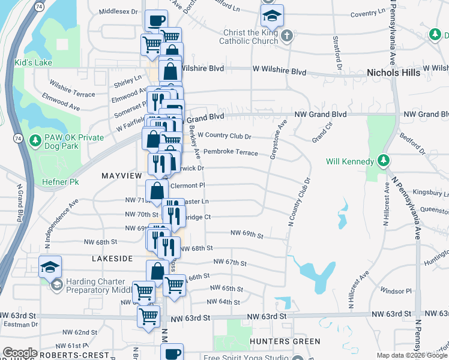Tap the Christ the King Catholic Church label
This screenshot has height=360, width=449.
click(249, 37)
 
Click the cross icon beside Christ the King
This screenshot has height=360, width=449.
click(287, 36)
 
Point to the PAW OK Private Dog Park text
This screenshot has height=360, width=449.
click(74, 142)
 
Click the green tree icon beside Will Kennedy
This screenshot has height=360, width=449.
click(382, 161)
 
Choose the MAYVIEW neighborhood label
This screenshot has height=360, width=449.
click(121, 175)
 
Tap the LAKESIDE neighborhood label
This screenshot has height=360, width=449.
click(112, 258)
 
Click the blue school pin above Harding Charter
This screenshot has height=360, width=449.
click(50, 266)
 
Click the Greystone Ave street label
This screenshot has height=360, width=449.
click(278, 139)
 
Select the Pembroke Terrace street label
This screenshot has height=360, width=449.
click(231, 152)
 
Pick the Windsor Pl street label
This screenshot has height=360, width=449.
click(400, 291)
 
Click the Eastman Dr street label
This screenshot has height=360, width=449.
click(20, 324)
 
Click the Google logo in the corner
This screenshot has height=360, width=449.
click(20, 353)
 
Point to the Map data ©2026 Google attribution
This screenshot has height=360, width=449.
click(411, 355)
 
